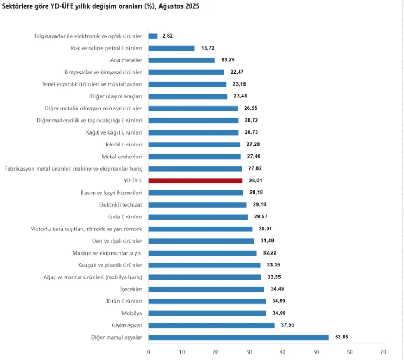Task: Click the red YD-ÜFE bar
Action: pyautogui.click(x=195, y=181)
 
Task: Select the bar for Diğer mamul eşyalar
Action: pyautogui.click(x=238, y=337)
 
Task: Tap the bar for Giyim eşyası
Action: pyautogui.click(x=211, y=325)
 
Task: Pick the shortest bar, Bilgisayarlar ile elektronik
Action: pyautogui.click(x=153, y=36)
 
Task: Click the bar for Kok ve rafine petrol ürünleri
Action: pyautogui.click(x=171, y=48)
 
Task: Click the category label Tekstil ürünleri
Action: pyautogui.click(x=123, y=145)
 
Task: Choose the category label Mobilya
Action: pyautogui.click(x=132, y=313)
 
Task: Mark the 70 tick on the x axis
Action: pyautogui.click(x=382, y=352)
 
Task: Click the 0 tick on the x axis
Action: pyautogui.click(x=149, y=352)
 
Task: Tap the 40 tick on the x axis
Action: pyautogui.click(x=282, y=352)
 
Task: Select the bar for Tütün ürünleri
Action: pyautogui.click(x=207, y=301)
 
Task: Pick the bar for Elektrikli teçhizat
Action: pyautogui.click(x=197, y=205)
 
